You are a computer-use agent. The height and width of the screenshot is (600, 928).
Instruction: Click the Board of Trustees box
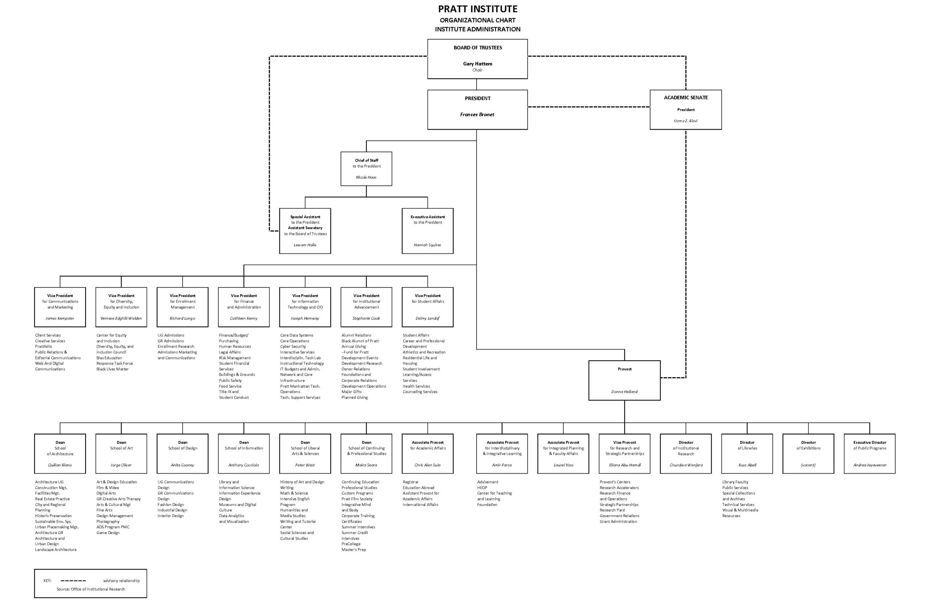pos(477,59)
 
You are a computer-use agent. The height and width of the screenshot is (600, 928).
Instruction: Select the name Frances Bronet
pos(477,114)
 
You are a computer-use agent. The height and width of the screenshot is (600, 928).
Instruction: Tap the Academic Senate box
pos(685,109)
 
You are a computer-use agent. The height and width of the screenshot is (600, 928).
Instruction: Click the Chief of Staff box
pos(366,169)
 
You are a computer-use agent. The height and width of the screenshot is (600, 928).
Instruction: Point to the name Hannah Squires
pos(427,245)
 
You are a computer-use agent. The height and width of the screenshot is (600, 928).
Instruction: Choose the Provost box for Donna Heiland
pos(624,380)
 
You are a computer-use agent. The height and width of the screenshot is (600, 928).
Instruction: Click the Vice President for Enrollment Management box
pos(182,307)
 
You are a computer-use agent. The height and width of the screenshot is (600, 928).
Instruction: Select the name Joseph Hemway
pos(305,318)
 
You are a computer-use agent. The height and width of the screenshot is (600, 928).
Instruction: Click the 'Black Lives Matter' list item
pos(112,369)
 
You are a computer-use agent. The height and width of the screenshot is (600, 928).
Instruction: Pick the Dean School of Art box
pos(121,454)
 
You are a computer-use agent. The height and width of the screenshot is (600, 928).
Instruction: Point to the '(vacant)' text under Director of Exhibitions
pos(808,465)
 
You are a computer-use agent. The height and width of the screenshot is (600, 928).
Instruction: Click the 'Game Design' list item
pos(108,533)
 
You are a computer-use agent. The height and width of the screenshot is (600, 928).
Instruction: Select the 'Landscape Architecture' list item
pos(56,550)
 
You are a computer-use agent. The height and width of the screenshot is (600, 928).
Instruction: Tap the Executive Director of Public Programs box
pos(869,454)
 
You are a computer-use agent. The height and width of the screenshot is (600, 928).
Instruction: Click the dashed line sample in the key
pos(73,580)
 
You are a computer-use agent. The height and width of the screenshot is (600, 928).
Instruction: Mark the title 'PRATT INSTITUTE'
pos(477,9)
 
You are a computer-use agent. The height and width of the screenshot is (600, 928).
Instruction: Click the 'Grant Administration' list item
pos(618,521)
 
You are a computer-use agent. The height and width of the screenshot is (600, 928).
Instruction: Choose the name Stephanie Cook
pos(366,318)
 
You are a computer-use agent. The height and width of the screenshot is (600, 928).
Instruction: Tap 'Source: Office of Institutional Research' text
pos(91,589)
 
